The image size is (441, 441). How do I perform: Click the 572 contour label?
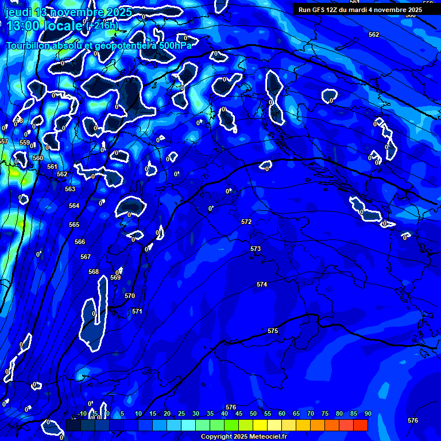pos(246,222)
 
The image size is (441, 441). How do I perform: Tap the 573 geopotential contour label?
pos(256,249)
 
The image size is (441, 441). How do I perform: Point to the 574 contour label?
pos(262,284)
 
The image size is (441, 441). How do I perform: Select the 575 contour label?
pos(273,331)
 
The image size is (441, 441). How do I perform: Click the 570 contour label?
pos(130,296)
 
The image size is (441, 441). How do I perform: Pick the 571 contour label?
pos(137,311)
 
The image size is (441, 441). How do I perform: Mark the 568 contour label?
pos(94,272)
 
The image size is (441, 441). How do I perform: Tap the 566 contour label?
pos(80,242)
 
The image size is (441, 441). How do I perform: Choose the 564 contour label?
pos(74,206)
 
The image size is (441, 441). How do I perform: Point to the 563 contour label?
pos(70,189)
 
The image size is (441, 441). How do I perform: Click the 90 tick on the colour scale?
pos(367,413)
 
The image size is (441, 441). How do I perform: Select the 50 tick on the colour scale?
pos(253,413)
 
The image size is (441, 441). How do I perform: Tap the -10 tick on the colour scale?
pos(82,413)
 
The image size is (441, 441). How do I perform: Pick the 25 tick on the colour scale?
pos(181,413)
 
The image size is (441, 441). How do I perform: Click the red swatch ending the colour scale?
pos(360,425)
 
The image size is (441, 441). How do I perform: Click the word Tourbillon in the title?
pos(28,45)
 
